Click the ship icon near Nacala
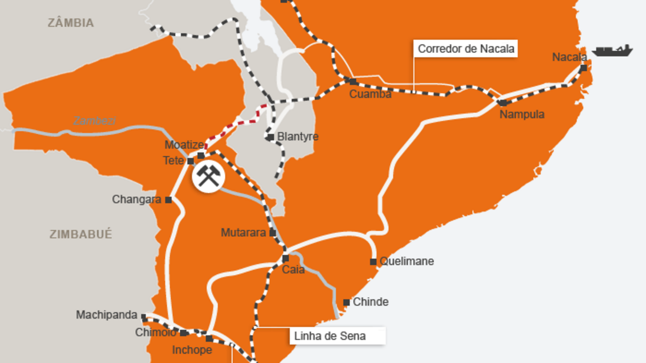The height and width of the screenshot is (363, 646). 612,50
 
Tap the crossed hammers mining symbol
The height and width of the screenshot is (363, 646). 207,177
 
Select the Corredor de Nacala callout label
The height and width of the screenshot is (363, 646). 466,49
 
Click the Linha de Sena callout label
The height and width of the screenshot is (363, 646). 330,336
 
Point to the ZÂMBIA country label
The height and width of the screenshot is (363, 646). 71,23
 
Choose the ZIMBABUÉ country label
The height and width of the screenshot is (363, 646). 81,234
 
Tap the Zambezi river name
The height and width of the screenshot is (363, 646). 94,121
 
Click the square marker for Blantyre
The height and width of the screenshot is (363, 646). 271,137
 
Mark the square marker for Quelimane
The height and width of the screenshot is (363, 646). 373,262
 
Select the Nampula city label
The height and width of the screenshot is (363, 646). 522,115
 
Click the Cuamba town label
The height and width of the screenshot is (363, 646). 370,94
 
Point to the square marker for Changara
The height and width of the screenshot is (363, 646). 169,200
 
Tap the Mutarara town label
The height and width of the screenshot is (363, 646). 243,233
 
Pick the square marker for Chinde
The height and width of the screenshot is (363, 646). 347,302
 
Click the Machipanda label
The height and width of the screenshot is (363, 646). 106,315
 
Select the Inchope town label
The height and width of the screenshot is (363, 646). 192,350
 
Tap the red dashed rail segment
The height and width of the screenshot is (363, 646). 237,123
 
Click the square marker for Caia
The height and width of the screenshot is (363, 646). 285,258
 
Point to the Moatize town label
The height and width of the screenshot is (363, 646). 184,145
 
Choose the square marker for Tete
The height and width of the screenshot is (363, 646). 191,161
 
